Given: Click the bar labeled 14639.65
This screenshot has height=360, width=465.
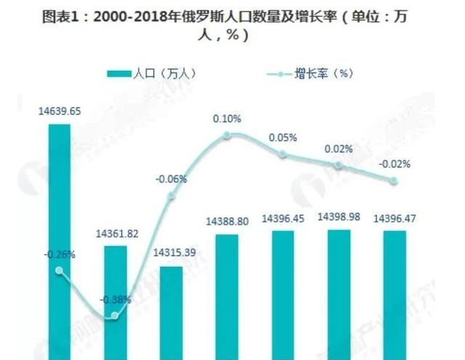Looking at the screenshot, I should [59, 240].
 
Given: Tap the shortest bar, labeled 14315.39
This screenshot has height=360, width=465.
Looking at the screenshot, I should [171, 313].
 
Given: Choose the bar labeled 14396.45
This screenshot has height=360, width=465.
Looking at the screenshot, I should [283, 295].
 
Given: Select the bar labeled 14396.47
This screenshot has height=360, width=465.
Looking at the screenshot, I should [395, 295].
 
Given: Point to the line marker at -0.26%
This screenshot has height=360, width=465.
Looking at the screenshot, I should [60, 271].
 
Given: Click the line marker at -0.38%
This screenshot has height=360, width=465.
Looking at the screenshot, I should [115, 315].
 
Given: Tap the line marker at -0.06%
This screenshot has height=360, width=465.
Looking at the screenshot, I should [171, 196].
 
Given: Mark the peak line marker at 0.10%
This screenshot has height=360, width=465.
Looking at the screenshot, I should [227, 135].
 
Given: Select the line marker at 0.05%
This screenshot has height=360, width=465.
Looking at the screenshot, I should [283, 153].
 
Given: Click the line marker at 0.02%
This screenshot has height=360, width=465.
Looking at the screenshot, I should [339, 166].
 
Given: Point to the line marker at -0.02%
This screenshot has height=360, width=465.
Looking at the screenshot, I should [395, 180].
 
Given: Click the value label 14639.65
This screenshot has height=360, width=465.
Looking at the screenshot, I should [60, 112].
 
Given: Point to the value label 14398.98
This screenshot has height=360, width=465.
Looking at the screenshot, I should [339, 217].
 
